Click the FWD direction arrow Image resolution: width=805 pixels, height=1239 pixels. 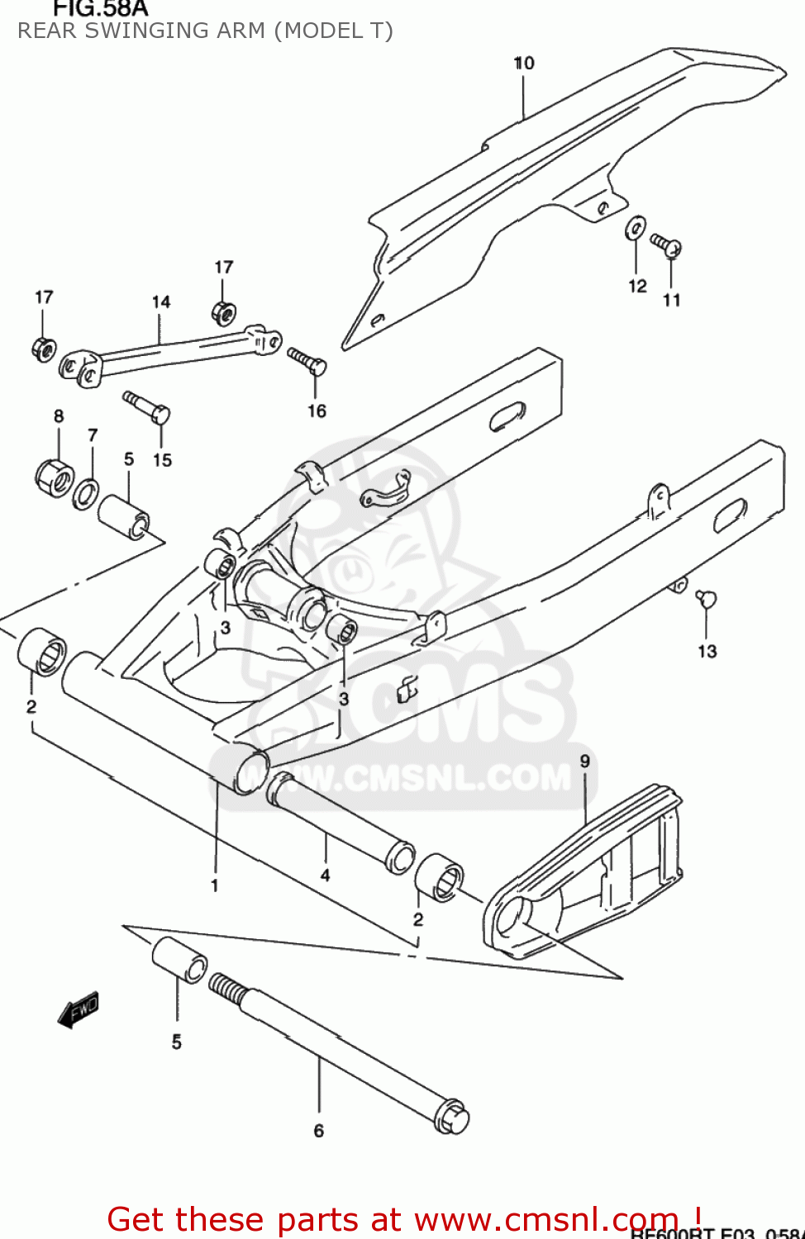point(79,1009)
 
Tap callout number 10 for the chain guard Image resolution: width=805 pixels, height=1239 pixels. point(524,63)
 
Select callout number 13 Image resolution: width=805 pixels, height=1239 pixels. point(707,651)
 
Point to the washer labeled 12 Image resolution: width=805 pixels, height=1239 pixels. point(636,228)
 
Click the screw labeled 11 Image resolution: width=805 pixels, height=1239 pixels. point(666,244)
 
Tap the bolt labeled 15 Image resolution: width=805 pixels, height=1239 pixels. point(147,406)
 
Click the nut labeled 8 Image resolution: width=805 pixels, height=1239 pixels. point(55,477)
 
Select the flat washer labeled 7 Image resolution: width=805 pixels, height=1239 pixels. point(85,495)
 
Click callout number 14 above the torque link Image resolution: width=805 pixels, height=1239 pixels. point(161,302)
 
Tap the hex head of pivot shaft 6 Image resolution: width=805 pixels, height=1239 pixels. point(451,1117)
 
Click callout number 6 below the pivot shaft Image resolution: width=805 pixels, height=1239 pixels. point(319,1130)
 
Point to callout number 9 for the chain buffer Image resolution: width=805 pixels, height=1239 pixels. point(585,761)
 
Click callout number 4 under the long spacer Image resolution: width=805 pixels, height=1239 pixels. point(325,875)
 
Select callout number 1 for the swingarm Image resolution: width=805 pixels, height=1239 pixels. point(215,885)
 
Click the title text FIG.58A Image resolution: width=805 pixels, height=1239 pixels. point(100,9)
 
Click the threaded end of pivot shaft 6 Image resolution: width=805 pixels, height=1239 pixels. point(225,986)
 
